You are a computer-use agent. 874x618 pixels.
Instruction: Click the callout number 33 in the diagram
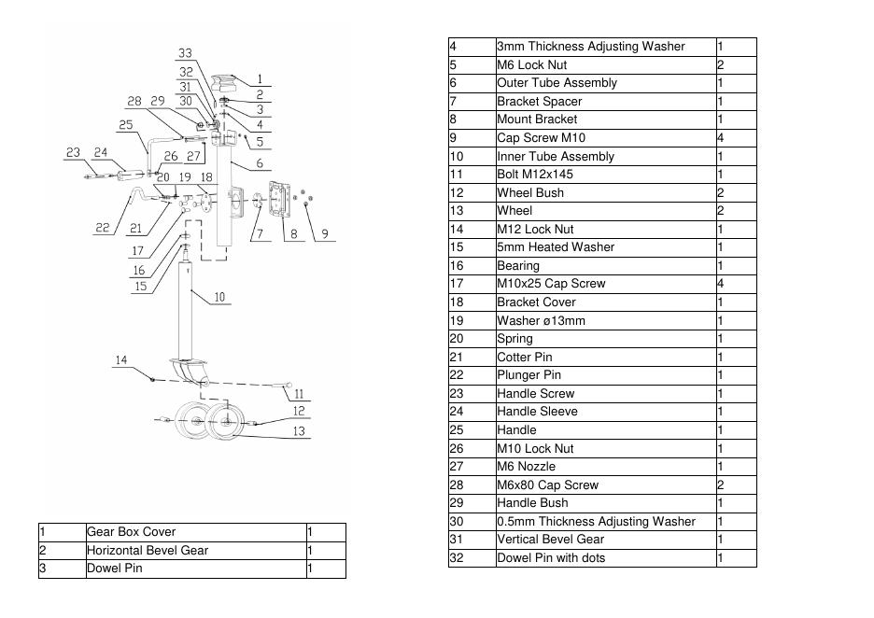pos(185,53)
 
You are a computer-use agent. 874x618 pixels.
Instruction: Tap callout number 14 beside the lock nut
pos(121,360)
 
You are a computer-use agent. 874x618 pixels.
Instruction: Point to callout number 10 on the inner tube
pos(219,298)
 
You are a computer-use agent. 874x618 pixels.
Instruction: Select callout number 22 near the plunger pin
pos(103,228)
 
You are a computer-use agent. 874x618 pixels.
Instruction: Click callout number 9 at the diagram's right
pos(324,233)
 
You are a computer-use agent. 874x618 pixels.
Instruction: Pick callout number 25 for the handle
pos(126,124)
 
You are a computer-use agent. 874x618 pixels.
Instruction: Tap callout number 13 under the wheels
pos(299,431)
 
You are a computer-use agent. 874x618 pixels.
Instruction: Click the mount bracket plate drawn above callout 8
pos(278,199)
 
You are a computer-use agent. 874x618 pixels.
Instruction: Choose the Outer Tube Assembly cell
pos(606,83)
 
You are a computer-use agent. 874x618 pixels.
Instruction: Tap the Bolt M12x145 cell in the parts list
pos(606,175)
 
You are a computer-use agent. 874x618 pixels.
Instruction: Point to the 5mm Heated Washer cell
pos(606,247)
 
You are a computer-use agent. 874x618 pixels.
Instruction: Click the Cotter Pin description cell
pos(606,357)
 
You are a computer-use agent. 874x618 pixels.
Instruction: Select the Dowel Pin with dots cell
pos(606,558)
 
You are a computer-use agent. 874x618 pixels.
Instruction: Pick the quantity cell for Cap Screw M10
pos(736,138)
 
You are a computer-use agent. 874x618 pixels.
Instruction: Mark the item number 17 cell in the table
pos(472,284)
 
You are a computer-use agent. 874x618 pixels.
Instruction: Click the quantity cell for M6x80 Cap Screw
pos(736,485)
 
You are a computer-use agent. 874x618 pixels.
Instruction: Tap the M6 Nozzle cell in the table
pos(606,467)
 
